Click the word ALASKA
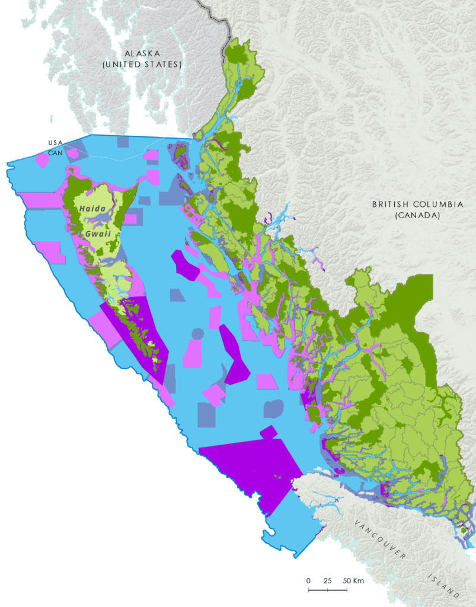(142, 53)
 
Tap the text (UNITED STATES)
(142, 64)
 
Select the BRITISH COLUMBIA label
(417, 205)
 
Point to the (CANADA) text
(417, 216)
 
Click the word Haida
(92, 209)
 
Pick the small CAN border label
(55, 151)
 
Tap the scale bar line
(328, 590)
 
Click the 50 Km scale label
(353, 580)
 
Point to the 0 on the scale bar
(308, 580)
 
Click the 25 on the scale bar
(327, 580)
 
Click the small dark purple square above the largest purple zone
(269, 432)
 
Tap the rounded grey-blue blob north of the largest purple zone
(273, 408)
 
